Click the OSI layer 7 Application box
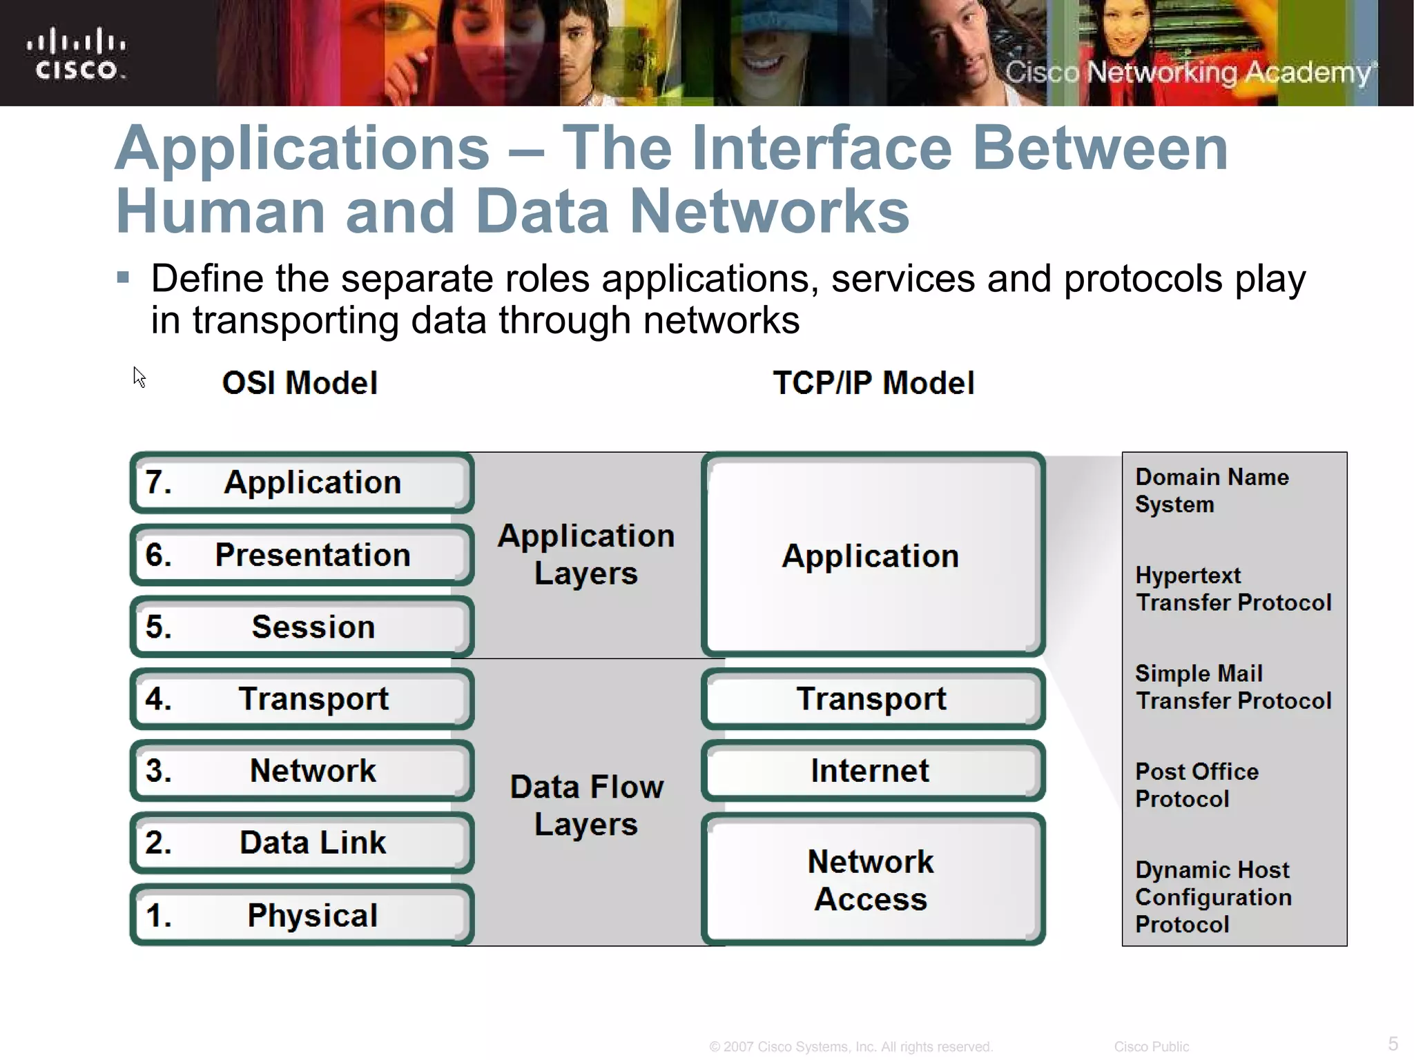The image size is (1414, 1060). pos(302,482)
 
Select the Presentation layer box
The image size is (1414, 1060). pos(302,555)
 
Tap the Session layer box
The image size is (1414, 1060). pos(302,627)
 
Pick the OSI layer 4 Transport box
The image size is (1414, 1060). pos(302,698)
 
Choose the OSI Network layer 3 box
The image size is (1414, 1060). pos(302,770)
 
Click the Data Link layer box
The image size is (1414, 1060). pos(302,843)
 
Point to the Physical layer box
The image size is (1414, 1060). pos(302,915)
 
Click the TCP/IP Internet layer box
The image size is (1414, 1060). pos(873,770)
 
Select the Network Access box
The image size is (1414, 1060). pos(873,880)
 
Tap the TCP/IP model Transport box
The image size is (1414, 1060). pos(873,698)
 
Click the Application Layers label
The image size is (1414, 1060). pos(586,554)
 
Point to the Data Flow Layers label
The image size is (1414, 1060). pos(586,805)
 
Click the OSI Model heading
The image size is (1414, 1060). pos(300,383)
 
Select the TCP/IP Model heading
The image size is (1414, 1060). pos(873,383)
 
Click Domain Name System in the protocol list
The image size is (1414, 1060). pos(1212,491)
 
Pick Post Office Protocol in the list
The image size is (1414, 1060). pos(1197,785)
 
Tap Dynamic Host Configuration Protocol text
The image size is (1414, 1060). pos(1213,896)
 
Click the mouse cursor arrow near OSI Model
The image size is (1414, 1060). pos(139,377)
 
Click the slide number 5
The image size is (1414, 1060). pos(1393,1043)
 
